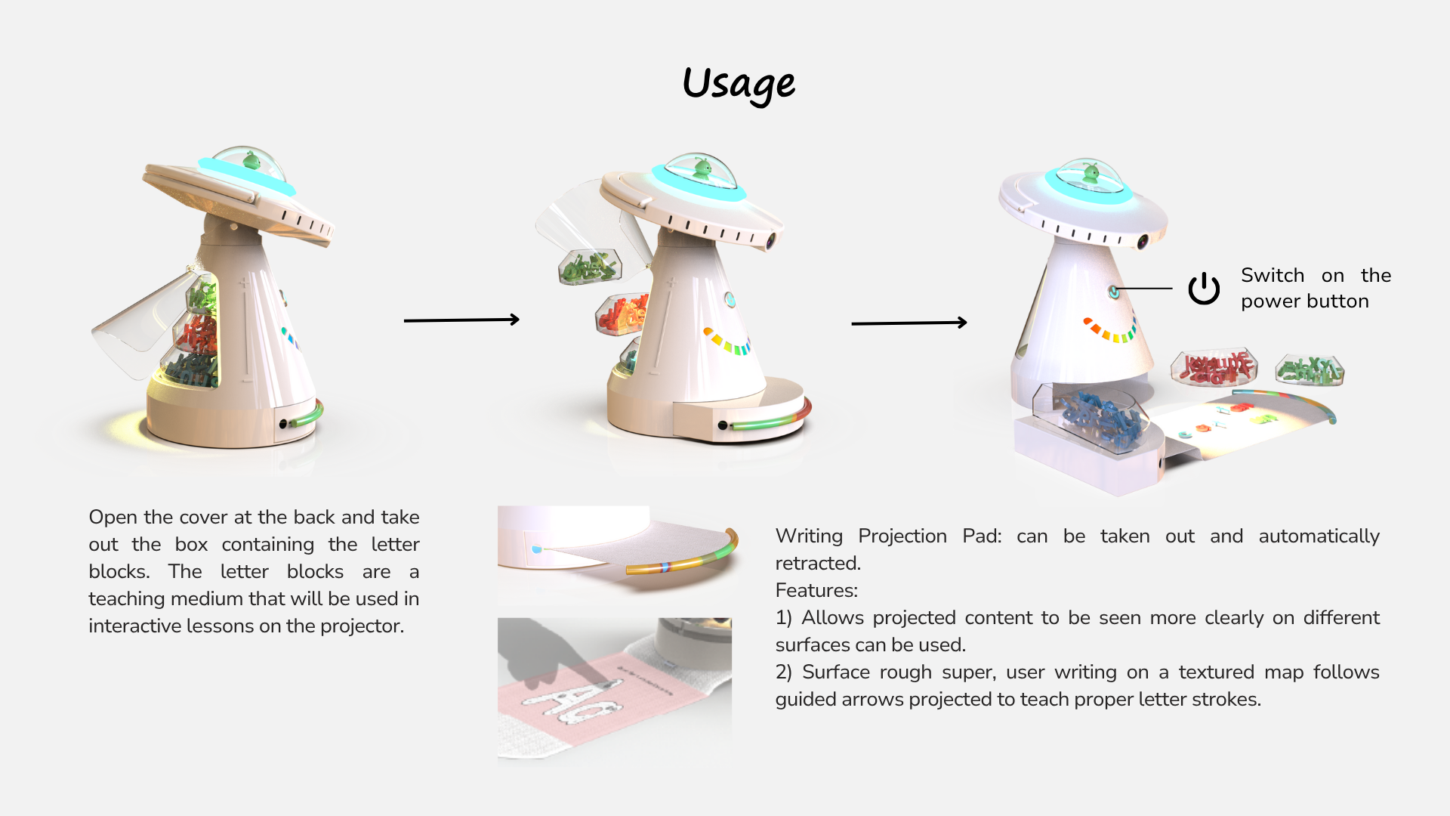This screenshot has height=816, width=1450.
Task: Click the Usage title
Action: pyautogui.click(x=739, y=85)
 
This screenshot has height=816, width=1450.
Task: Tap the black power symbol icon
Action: pyautogui.click(x=1204, y=288)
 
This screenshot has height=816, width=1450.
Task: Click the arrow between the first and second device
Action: pyautogui.click(x=461, y=320)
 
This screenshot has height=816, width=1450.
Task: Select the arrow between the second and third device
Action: pyautogui.click(x=909, y=323)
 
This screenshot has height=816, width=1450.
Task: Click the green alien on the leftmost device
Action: pyautogui.click(x=251, y=160)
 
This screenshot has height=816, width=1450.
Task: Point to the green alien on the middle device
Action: pyautogui.click(x=703, y=168)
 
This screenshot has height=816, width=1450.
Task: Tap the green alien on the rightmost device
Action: pyautogui.click(x=1091, y=173)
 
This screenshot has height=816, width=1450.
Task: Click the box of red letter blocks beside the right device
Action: pyautogui.click(x=1214, y=366)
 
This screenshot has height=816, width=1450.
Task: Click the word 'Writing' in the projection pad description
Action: pyautogui.click(x=809, y=536)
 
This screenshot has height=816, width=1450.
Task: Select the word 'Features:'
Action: pyautogui.click(x=816, y=590)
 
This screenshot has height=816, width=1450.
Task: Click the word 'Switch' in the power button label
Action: pyautogui.click(x=1273, y=275)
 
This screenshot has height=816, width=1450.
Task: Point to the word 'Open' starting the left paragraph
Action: pyautogui.click(x=113, y=518)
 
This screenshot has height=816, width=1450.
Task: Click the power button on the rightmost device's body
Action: pyautogui.click(x=1114, y=291)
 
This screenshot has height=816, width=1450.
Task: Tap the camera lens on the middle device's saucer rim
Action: pyautogui.click(x=771, y=243)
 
